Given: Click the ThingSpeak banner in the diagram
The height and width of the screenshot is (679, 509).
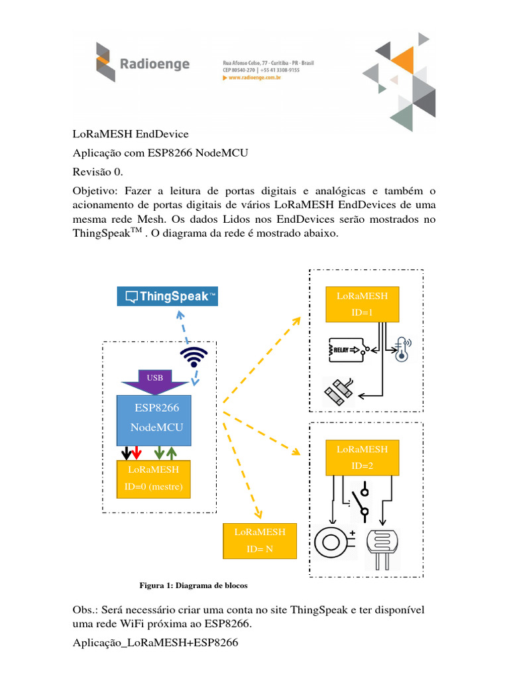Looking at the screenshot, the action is click(x=168, y=296).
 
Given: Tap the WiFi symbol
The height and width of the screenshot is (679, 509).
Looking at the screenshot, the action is click(x=193, y=357).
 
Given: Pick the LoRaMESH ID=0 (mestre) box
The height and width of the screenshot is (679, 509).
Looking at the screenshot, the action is click(x=154, y=479).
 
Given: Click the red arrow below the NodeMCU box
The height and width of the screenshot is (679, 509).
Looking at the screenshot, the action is click(x=136, y=453).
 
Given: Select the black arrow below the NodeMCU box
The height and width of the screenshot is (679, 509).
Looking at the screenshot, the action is click(x=125, y=453).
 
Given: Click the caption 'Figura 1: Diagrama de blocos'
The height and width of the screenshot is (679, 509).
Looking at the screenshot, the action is click(x=192, y=586).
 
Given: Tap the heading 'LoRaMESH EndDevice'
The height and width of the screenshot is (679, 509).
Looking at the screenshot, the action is click(x=131, y=134).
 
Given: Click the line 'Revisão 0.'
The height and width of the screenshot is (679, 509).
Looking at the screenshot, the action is click(x=97, y=172).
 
